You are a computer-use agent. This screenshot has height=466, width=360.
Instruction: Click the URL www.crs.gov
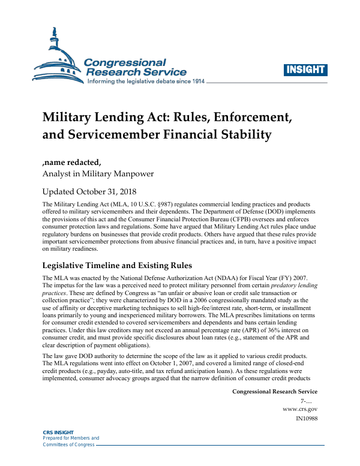click(x=300, y=408)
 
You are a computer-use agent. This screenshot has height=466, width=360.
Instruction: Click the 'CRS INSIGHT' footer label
click(x=57, y=432)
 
